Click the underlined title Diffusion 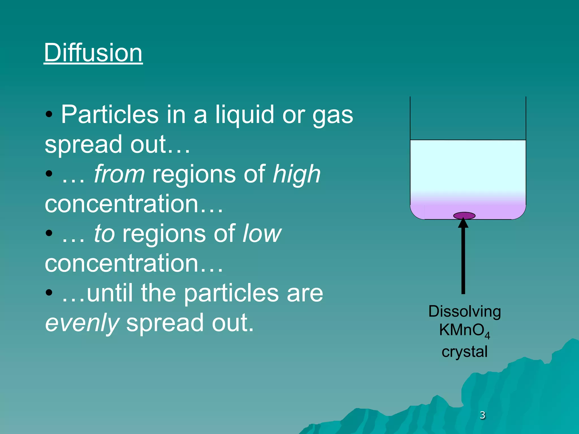click(x=93, y=53)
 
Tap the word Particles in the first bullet click(x=110, y=114)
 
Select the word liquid click(x=245, y=114)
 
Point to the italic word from click(x=119, y=174)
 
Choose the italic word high click(x=297, y=175)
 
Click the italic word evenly click(x=82, y=323)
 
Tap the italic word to click(x=104, y=234)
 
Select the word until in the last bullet click(x=110, y=293)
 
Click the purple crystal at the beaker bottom click(x=464, y=216)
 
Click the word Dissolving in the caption click(x=465, y=311)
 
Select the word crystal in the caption click(x=465, y=352)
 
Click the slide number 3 click(x=482, y=415)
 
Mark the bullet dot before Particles click(x=49, y=114)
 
